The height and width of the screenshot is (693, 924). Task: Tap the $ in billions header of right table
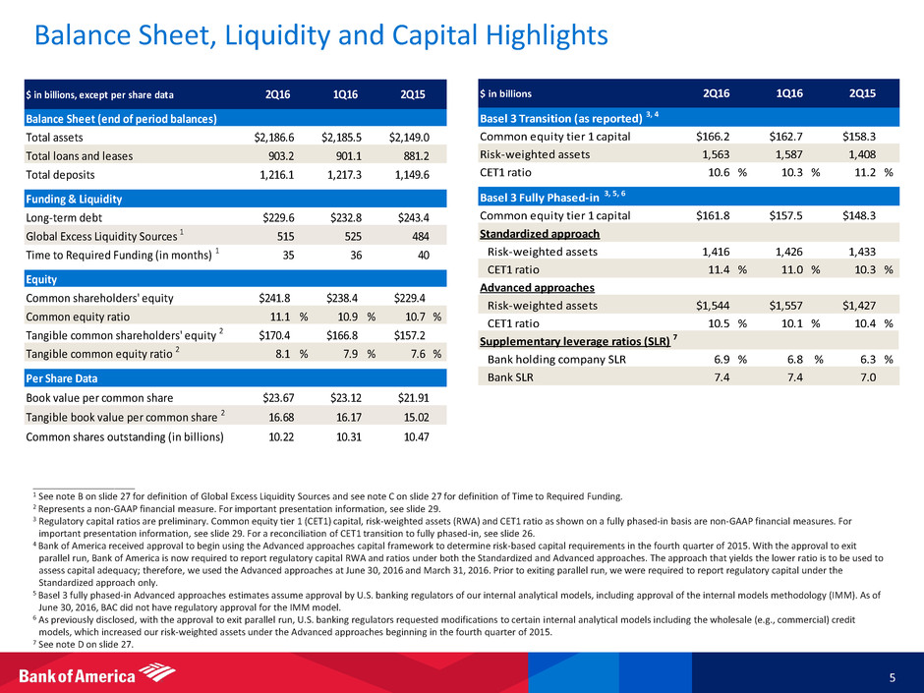click(506, 94)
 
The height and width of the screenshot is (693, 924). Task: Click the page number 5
click(890, 675)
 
